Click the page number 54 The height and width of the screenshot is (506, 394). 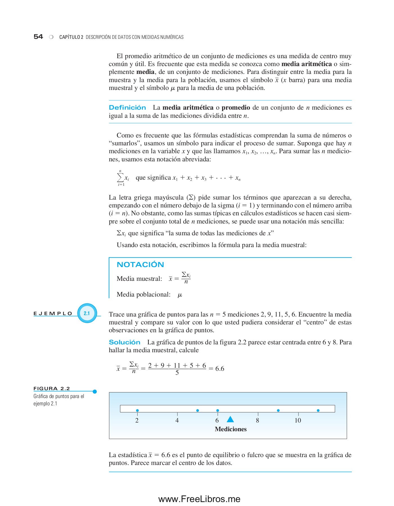38,37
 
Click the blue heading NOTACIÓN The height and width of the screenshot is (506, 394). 140,265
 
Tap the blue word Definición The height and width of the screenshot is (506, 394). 127,108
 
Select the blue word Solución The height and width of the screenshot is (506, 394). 124,342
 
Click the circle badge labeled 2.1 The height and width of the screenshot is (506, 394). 87,313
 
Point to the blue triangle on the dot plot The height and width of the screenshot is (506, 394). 230,419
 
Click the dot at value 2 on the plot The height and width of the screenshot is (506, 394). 137,410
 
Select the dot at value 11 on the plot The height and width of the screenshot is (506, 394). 318,410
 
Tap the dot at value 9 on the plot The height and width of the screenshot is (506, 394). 278,410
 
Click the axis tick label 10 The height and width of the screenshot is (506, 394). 298,421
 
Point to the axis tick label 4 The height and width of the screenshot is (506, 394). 177,421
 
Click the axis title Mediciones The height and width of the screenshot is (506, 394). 231,429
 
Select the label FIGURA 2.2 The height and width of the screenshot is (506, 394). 52,388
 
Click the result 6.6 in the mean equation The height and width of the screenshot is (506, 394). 220,369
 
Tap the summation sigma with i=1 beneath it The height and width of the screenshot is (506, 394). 120,177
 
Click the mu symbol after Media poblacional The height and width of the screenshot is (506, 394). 180,295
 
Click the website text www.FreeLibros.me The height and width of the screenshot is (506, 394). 199,499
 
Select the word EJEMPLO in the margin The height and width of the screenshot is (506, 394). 53,313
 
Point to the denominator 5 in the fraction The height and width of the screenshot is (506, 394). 177,373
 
